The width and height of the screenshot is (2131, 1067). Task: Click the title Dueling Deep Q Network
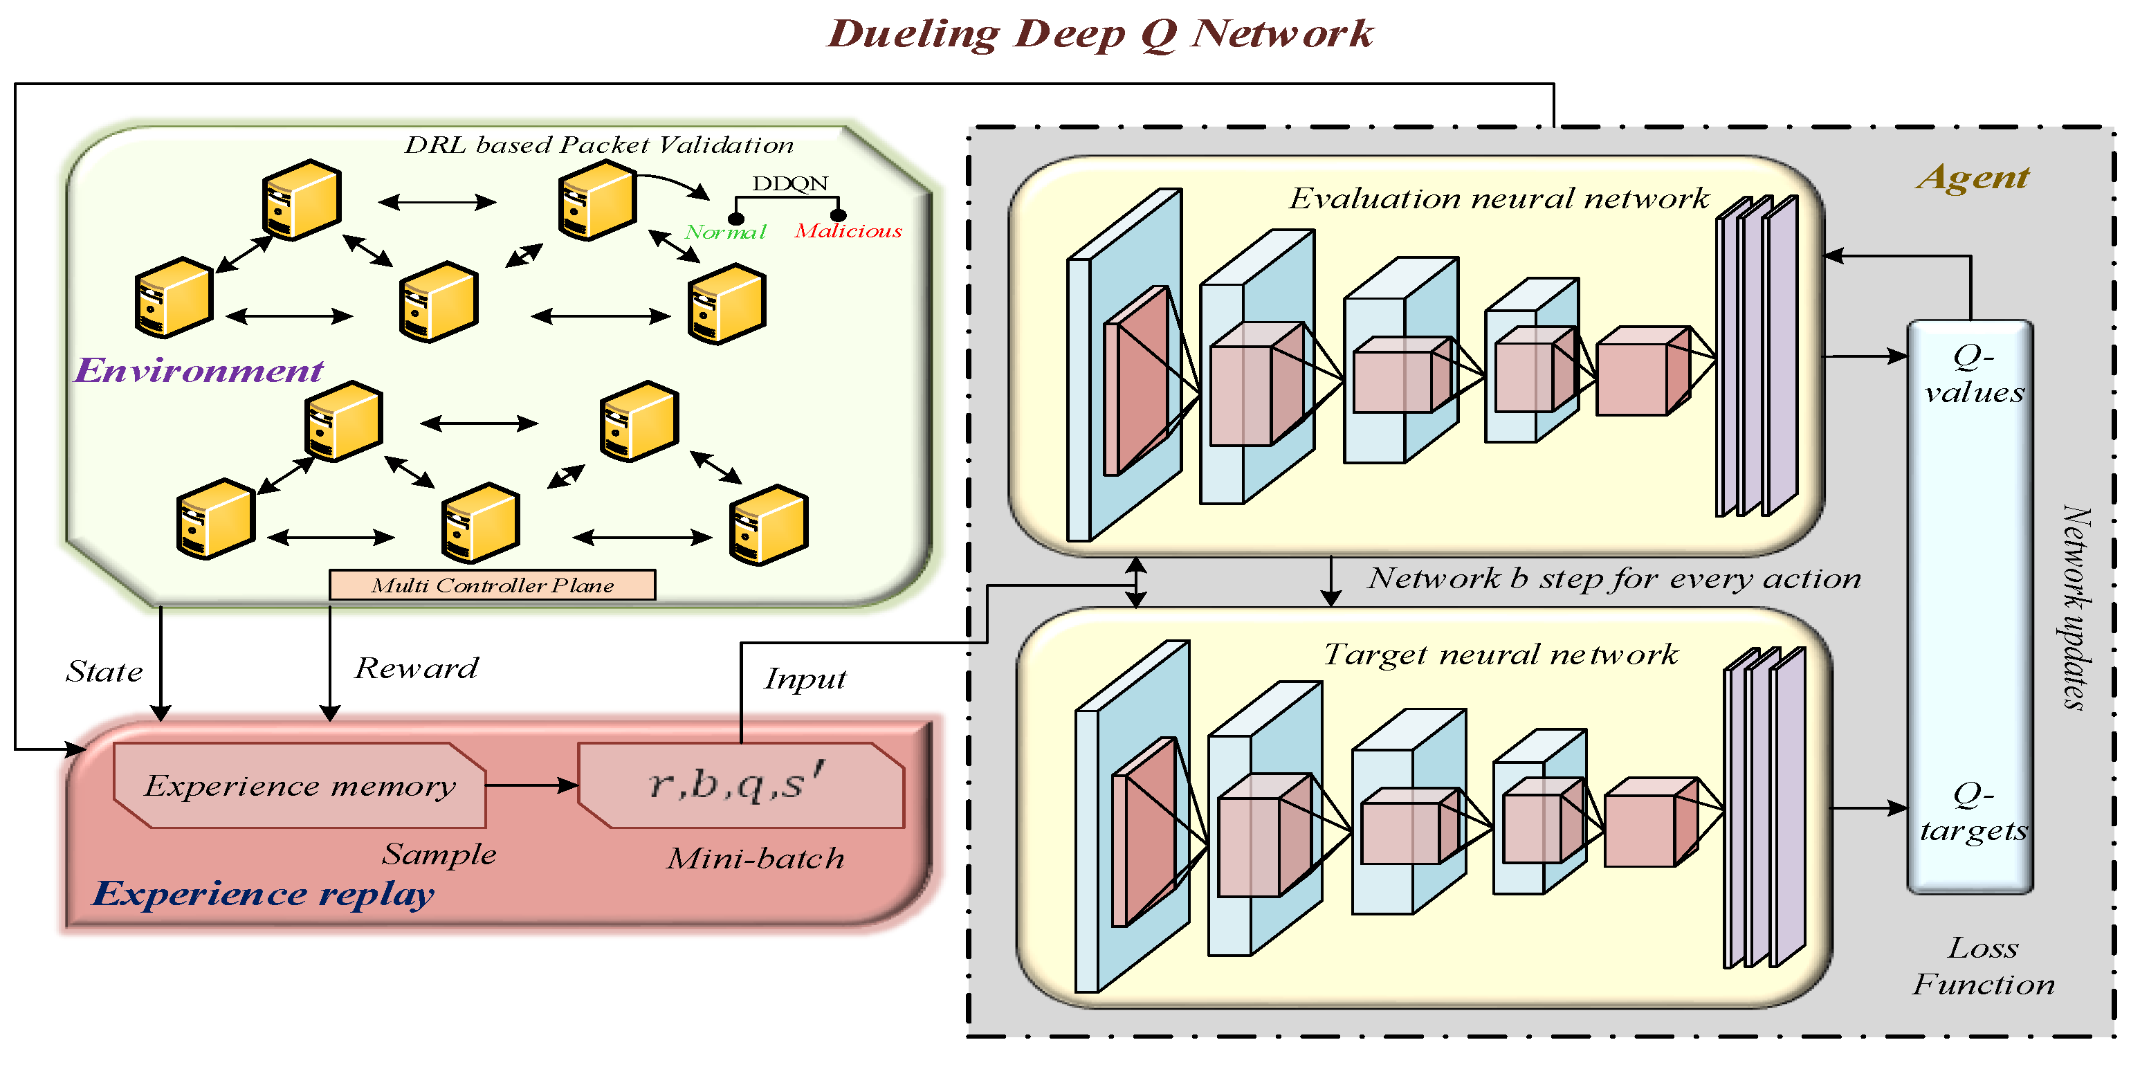point(1100,35)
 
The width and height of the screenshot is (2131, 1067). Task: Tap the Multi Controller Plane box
point(492,585)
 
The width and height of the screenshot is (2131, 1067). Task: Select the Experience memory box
point(300,785)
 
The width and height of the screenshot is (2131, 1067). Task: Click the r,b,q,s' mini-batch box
point(741,785)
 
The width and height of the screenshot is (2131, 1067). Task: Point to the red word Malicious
point(848,231)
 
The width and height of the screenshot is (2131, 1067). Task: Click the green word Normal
point(726,232)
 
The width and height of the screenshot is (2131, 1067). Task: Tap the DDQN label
point(790,183)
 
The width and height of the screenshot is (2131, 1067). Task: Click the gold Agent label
point(1973,177)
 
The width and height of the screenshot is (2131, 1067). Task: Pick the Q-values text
point(1974,374)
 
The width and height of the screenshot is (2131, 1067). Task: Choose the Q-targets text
point(1974,812)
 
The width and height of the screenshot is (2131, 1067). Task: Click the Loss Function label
point(1984,965)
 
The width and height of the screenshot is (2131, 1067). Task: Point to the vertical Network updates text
point(2076,608)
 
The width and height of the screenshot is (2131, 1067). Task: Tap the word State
point(104,671)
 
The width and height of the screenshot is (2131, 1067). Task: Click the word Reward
point(416,668)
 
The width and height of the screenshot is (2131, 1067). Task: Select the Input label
point(805,679)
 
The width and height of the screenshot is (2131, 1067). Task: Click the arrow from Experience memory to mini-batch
point(532,785)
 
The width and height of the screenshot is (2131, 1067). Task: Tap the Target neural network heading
point(1501,655)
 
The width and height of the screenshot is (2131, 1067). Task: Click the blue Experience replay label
point(263,894)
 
